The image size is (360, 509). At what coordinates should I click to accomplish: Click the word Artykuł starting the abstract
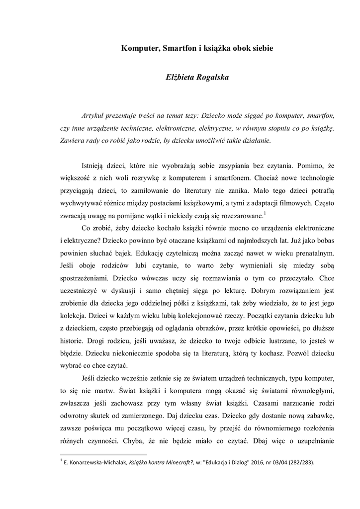pos(93,115)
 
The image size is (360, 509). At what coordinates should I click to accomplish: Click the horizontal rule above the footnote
pos(103,454)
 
